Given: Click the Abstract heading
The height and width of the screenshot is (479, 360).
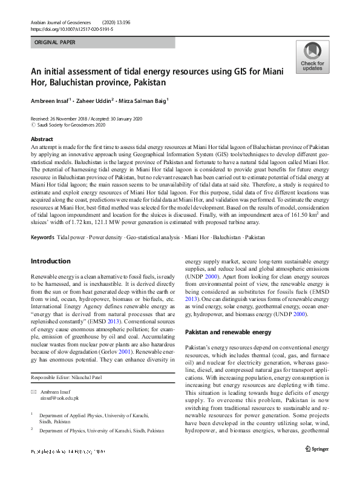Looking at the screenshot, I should [42, 139].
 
